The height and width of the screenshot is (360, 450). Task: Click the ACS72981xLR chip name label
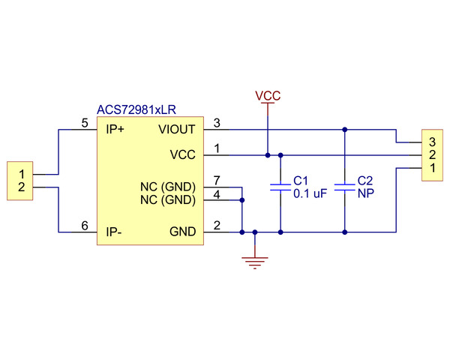136,110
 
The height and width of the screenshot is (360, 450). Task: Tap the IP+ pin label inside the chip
115,129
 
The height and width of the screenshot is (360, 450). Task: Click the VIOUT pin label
177,129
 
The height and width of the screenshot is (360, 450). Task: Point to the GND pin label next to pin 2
183,232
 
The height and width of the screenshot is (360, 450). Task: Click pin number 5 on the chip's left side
84,122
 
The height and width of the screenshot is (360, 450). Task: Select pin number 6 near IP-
84,226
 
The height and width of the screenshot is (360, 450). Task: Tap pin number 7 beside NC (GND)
217,181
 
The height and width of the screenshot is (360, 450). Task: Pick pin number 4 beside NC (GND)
217,194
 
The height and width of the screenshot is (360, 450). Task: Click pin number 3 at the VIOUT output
217,122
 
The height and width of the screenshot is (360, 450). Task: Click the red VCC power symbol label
268,96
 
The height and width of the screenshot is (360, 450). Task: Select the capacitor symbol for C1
280,187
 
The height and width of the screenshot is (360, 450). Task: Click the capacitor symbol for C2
344,187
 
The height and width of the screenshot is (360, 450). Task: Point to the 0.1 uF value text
310,193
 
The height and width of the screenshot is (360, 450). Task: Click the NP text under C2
366,193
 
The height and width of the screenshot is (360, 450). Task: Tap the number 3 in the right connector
432,142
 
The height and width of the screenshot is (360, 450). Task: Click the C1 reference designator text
301,181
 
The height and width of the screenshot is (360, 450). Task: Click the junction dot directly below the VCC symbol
268,155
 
